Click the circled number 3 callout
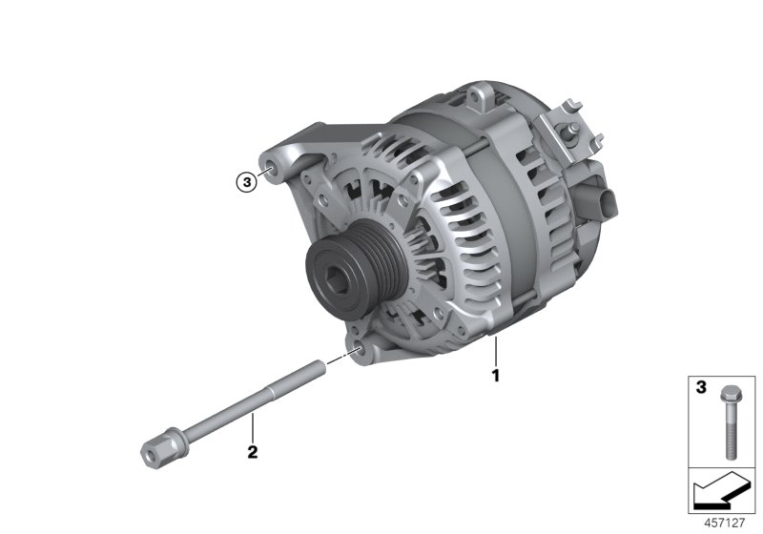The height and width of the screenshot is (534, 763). [x=248, y=179]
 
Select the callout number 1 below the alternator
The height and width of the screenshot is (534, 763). [x=495, y=374]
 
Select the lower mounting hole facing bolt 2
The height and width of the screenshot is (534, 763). [x=360, y=351]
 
